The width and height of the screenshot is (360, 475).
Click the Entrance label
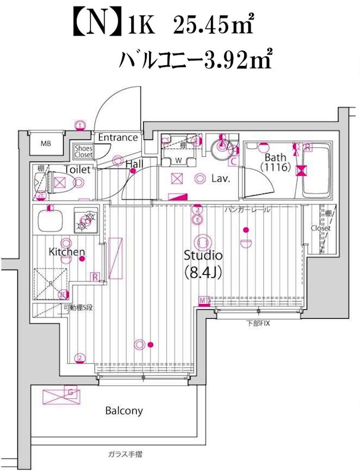pyautogui.click(x=118, y=137)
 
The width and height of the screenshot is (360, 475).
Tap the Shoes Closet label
pyautogui.click(x=83, y=151)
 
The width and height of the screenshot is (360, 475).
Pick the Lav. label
pyautogui.click(x=220, y=178)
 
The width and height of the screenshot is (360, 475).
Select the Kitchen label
pyautogui.click(x=67, y=252)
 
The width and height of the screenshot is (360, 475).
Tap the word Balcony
pyautogui.click(x=124, y=410)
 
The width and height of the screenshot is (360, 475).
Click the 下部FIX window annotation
pyautogui.click(x=258, y=323)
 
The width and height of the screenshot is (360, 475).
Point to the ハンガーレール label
pyautogui.click(x=248, y=210)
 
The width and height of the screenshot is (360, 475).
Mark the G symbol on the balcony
pyautogui.click(x=71, y=392)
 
